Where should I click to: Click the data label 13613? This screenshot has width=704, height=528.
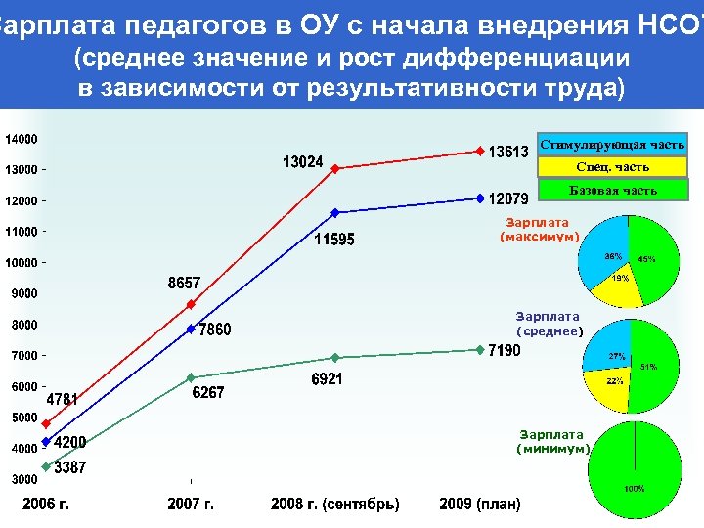(509, 151)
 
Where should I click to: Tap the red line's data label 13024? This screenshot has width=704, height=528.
(303, 161)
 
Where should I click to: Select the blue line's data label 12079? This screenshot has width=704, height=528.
(509, 198)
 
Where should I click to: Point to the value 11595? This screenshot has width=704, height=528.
(333, 240)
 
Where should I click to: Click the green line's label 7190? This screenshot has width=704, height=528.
(505, 350)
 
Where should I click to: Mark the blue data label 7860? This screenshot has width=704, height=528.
(215, 330)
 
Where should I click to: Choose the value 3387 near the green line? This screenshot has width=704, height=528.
(69, 468)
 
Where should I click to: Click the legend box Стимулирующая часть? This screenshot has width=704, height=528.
(613, 145)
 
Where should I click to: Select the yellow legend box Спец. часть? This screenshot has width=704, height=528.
(613, 167)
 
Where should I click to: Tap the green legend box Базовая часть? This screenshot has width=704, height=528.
(613, 190)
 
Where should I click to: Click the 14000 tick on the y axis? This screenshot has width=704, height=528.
(21, 139)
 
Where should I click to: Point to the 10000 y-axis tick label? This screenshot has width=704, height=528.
(21, 263)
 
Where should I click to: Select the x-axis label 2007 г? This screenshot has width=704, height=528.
(191, 505)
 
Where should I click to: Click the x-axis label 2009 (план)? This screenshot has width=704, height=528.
(480, 505)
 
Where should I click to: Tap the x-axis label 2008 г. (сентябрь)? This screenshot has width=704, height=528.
(335, 505)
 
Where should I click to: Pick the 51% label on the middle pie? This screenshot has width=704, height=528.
(649, 367)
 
